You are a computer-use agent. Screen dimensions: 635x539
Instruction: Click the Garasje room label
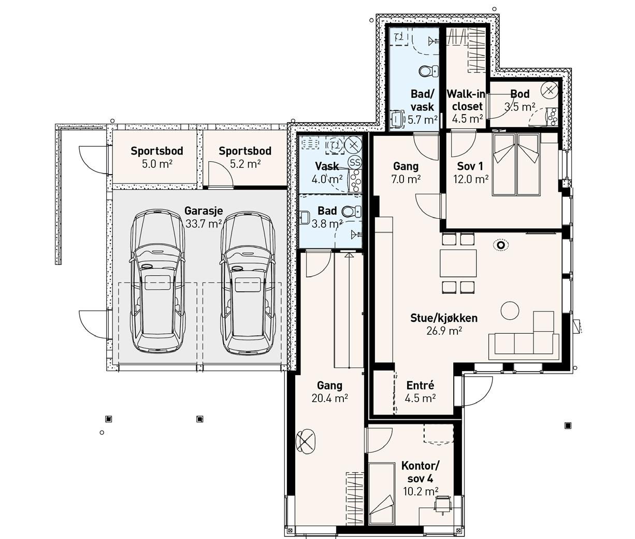(204, 211)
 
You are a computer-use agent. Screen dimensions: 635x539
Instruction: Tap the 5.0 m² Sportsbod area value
(157, 164)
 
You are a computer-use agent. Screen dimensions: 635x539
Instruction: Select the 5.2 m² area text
(245, 164)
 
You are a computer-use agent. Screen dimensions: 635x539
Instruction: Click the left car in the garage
(157, 281)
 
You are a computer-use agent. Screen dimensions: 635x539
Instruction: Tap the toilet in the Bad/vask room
(428, 71)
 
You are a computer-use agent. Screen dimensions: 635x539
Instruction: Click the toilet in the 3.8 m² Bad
(351, 211)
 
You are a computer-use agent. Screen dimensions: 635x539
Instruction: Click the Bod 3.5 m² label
(520, 100)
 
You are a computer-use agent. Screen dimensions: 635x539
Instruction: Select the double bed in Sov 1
(516, 164)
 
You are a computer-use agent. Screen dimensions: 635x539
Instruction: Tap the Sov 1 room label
(470, 166)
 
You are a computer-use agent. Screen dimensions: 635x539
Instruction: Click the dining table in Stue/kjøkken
(458, 263)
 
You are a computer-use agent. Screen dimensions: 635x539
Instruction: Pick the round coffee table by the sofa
(510, 310)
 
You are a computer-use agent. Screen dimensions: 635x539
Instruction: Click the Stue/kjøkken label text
(444, 318)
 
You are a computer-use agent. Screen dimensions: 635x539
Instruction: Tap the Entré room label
(420, 385)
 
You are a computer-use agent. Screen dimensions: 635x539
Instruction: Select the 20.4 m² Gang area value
(329, 399)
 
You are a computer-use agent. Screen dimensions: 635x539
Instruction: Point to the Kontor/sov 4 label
(420, 472)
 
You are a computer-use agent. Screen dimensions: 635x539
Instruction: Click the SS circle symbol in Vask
(355, 162)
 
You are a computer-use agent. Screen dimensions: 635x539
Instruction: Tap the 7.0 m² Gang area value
(406, 179)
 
